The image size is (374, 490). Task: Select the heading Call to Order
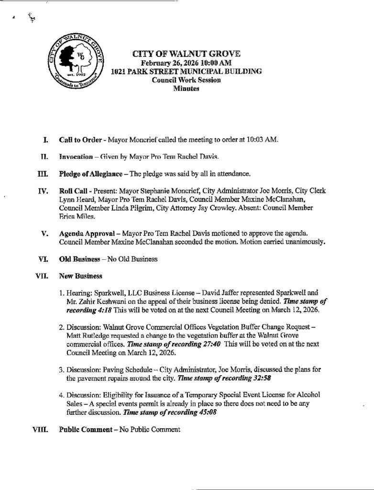click(79, 140)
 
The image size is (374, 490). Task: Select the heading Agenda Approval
click(86, 233)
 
